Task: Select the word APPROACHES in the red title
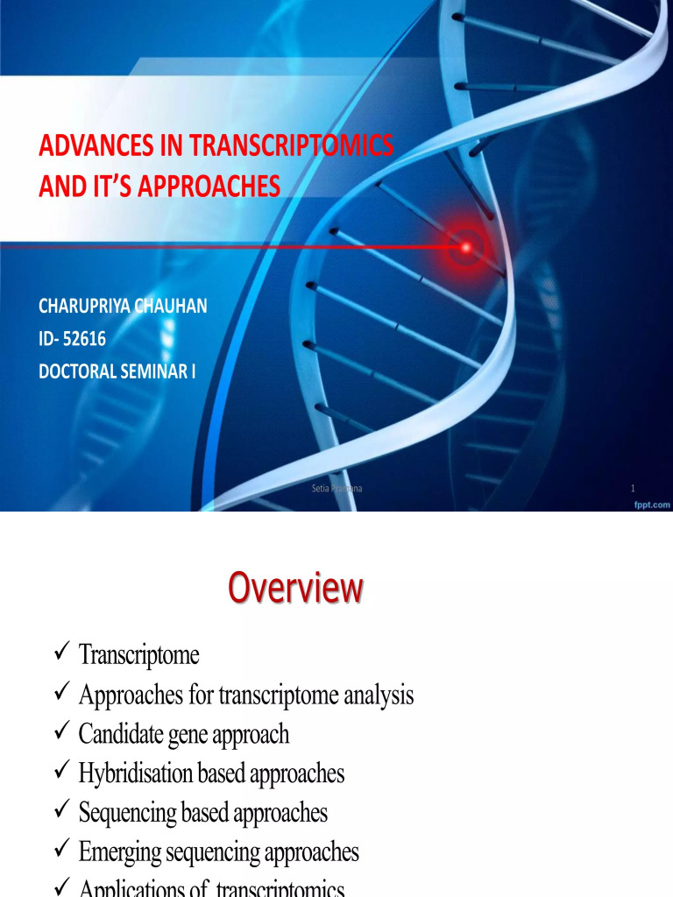pyautogui.click(x=197, y=187)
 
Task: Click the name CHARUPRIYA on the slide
pyautogui.click(x=86, y=306)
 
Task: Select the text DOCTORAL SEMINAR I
pyautogui.click(x=117, y=371)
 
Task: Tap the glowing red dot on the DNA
pyautogui.click(x=465, y=247)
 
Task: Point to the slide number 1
pyautogui.click(x=633, y=488)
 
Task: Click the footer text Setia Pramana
pyautogui.click(x=337, y=488)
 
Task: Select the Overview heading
pyautogui.click(x=295, y=589)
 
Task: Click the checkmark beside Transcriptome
pyautogui.click(x=61, y=653)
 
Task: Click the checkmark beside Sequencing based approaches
pyautogui.click(x=61, y=811)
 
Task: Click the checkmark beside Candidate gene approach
pyautogui.click(x=61, y=732)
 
